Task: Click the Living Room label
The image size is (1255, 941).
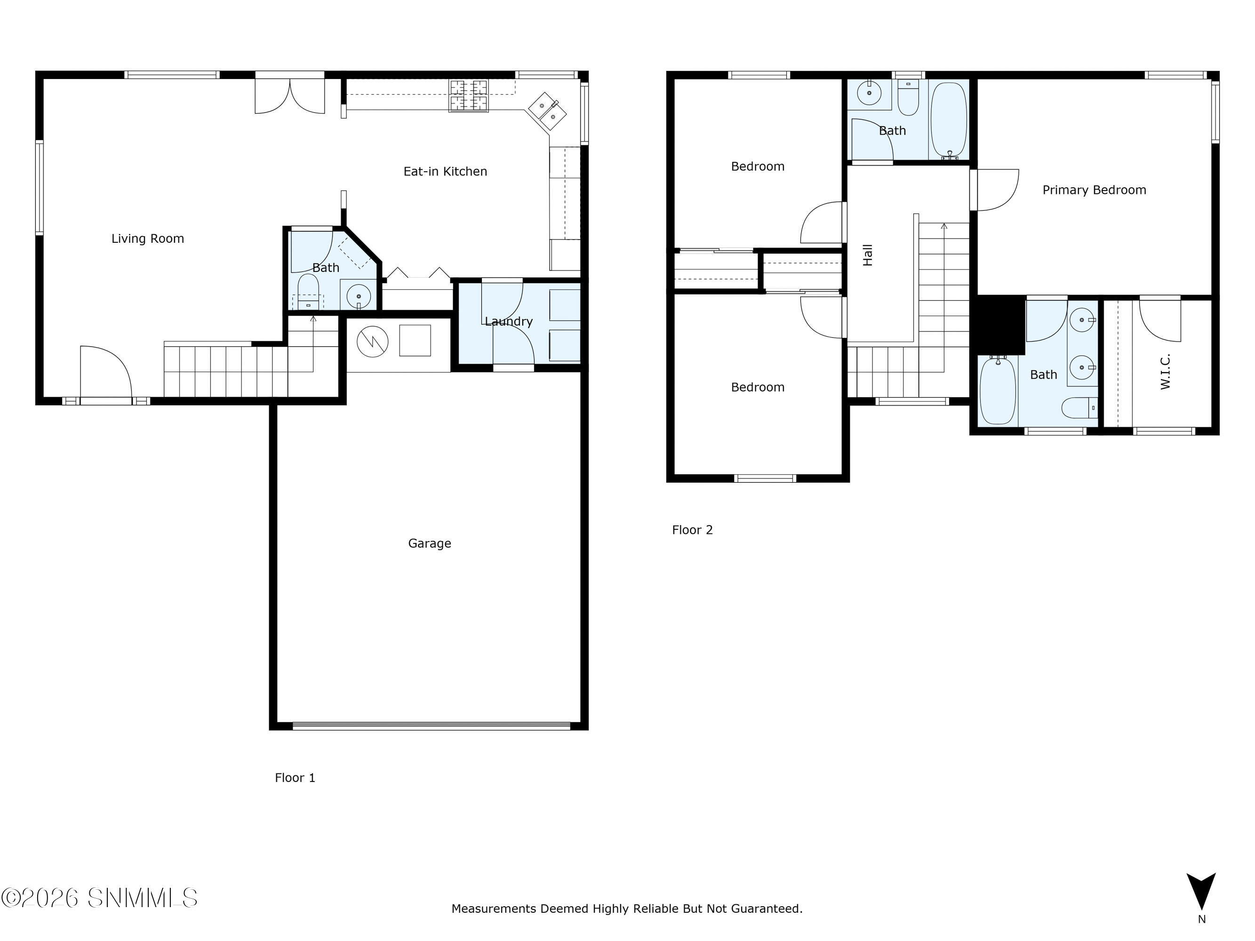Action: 147,239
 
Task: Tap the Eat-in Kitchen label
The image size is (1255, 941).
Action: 445,171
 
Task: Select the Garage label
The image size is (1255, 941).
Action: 430,543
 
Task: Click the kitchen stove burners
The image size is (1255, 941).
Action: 469,96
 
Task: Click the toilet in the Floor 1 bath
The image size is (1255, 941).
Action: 309,292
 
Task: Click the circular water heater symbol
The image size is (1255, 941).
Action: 373,341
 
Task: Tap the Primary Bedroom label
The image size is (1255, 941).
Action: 1095,190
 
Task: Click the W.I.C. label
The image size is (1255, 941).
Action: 1165,372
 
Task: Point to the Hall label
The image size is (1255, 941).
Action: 868,255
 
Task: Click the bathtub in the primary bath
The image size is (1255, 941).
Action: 998,390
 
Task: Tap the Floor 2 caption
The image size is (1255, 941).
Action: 692,530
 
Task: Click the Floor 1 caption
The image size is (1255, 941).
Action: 295,778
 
